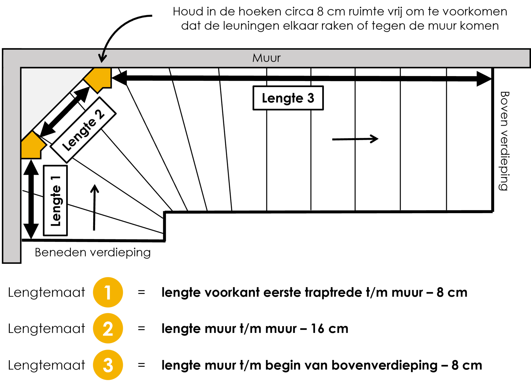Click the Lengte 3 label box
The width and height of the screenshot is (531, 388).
(x=288, y=98)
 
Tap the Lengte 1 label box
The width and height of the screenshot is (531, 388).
(x=55, y=200)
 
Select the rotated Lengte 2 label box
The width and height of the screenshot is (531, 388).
(x=83, y=130)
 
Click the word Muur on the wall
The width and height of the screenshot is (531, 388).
(x=267, y=58)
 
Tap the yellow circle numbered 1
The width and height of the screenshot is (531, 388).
(x=108, y=292)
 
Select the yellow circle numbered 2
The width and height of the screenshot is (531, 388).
(x=108, y=328)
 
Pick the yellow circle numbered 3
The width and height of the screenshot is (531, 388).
(x=108, y=365)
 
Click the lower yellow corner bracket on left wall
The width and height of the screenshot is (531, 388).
(x=33, y=145)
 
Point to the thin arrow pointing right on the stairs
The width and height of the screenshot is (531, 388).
(x=355, y=139)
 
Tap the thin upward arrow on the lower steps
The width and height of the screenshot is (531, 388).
(x=94, y=208)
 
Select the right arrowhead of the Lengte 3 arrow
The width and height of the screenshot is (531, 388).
(x=484, y=78)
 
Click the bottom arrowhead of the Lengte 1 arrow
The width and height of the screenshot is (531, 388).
(x=31, y=231)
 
